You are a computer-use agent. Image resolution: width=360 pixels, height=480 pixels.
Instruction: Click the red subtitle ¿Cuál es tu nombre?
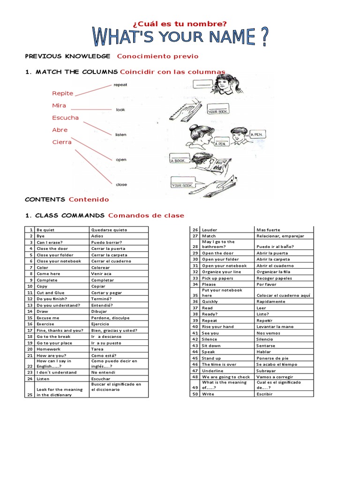tap(180, 23)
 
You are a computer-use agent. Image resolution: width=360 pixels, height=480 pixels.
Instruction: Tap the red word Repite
tap(62, 93)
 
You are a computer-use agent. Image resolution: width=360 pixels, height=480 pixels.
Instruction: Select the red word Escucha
tap(65, 118)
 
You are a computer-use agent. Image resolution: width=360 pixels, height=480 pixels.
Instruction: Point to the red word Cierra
tap(62, 142)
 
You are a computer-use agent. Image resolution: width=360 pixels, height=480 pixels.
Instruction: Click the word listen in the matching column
tap(120, 135)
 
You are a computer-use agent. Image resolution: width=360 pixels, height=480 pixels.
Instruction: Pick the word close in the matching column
tap(121, 184)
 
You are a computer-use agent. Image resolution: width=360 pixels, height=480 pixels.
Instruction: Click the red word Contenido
tap(89, 199)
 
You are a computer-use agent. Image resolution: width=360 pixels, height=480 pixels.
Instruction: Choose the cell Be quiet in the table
tap(45, 230)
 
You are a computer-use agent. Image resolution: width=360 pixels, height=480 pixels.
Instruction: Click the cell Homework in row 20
tap(48, 349)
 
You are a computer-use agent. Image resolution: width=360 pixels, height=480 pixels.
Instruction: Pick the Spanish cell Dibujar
tap(99, 311)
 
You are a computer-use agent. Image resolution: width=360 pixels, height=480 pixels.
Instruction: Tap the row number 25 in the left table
tap(30, 395)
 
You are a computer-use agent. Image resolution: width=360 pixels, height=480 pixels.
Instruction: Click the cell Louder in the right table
tap(210, 230)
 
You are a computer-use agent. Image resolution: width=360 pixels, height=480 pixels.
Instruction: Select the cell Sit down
tap(211, 345)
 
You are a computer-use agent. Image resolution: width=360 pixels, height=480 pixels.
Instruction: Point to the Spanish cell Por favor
tap(266, 284)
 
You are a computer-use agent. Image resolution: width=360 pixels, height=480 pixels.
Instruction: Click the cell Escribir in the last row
tap(264, 394)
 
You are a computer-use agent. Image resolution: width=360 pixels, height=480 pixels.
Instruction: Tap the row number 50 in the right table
tap(195, 394)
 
